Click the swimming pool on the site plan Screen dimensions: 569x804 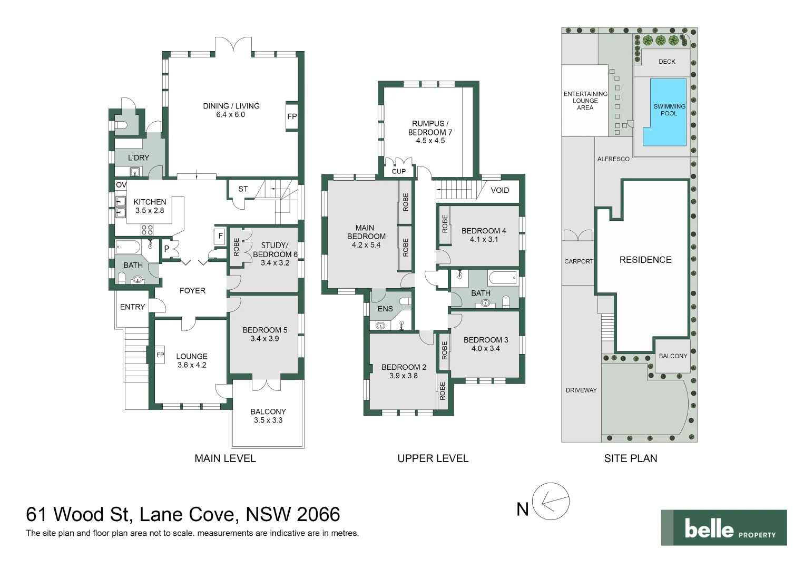pos(668,112)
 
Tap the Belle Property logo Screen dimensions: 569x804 pos(724,528)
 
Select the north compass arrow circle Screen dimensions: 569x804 pos(551,502)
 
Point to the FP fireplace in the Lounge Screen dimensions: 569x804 pos(160,355)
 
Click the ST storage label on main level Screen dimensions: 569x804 pos(243,189)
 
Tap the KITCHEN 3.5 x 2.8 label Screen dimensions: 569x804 pos(150,206)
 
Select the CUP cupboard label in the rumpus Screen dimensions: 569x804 pos(399,171)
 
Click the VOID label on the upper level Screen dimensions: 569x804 pos(499,190)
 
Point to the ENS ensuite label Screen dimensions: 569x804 pos(385,309)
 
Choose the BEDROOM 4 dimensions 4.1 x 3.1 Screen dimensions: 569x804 pos(484,239)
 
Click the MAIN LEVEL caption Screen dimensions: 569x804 pos(225,458)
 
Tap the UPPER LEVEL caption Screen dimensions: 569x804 pos(433,458)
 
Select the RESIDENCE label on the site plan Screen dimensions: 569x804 pos(645,260)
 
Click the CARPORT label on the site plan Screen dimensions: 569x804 pos(579,261)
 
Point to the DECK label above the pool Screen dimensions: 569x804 pos(666,62)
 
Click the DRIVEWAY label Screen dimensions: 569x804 pos(581,390)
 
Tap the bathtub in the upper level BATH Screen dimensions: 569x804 pos(503,277)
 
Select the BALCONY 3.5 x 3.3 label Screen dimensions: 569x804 pos(268,416)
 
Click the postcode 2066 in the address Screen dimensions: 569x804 pos(318,514)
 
